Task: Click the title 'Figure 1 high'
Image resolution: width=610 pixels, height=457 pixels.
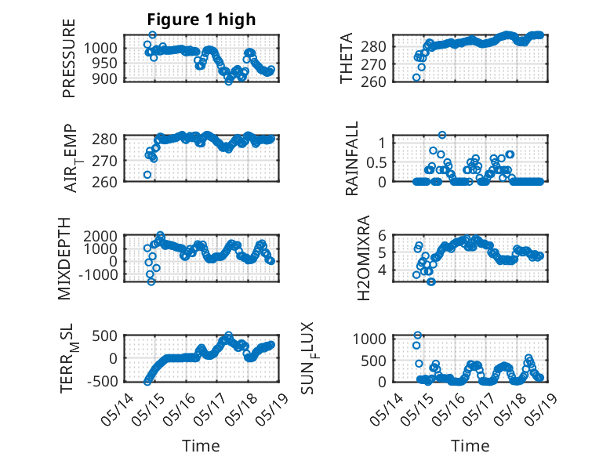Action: click(x=202, y=20)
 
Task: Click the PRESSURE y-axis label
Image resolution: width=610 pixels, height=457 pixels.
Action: click(x=68, y=58)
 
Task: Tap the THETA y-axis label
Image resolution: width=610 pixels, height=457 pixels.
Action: click(x=346, y=58)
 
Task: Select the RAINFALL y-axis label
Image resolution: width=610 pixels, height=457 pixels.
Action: click(x=351, y=158)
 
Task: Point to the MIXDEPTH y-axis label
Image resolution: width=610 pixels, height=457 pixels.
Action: click(x=64, y=258)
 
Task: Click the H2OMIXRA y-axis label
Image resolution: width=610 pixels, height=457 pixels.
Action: click(x=363, y=258)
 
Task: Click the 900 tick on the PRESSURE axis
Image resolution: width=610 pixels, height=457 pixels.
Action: click(x=105, y=79)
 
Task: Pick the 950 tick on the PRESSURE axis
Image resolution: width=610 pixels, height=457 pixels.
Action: click(x=105, y=63)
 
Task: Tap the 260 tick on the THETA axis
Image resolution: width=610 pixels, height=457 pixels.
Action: click(x=373, y=82)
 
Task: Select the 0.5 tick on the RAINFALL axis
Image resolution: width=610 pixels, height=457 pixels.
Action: click(x=376, y=162)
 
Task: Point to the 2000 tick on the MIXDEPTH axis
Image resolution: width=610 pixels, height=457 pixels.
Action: click(x=100, y=236)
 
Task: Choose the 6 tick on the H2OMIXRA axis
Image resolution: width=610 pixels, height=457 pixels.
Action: click(x=382, y=235)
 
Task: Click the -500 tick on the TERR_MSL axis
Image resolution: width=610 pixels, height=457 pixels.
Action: click(x=102, y=381)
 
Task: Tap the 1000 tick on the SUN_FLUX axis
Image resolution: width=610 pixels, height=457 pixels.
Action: click(x=369, y=339)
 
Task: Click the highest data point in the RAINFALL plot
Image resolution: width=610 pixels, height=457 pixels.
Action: click(x=442, y=135)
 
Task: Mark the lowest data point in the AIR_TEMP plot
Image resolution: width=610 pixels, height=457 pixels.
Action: click(x=147, y=175)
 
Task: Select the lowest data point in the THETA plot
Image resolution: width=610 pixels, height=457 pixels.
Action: click(x=416, y=78)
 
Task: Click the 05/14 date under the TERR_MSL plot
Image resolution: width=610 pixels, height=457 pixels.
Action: click(x=118, y=409)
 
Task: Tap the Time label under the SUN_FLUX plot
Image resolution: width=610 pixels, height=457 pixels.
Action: click(x=470, y=446)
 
